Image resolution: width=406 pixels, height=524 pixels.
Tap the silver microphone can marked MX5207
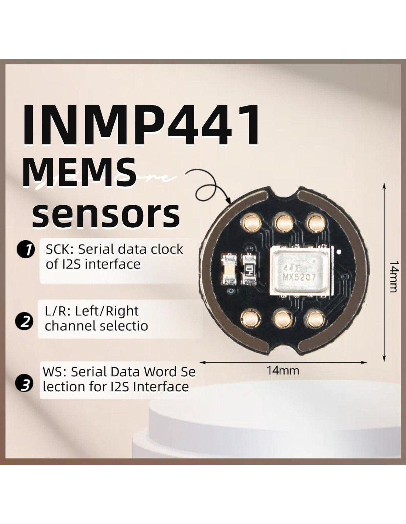tap(300, 270)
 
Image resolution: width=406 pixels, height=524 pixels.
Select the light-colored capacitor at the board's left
tap(228, 269)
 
